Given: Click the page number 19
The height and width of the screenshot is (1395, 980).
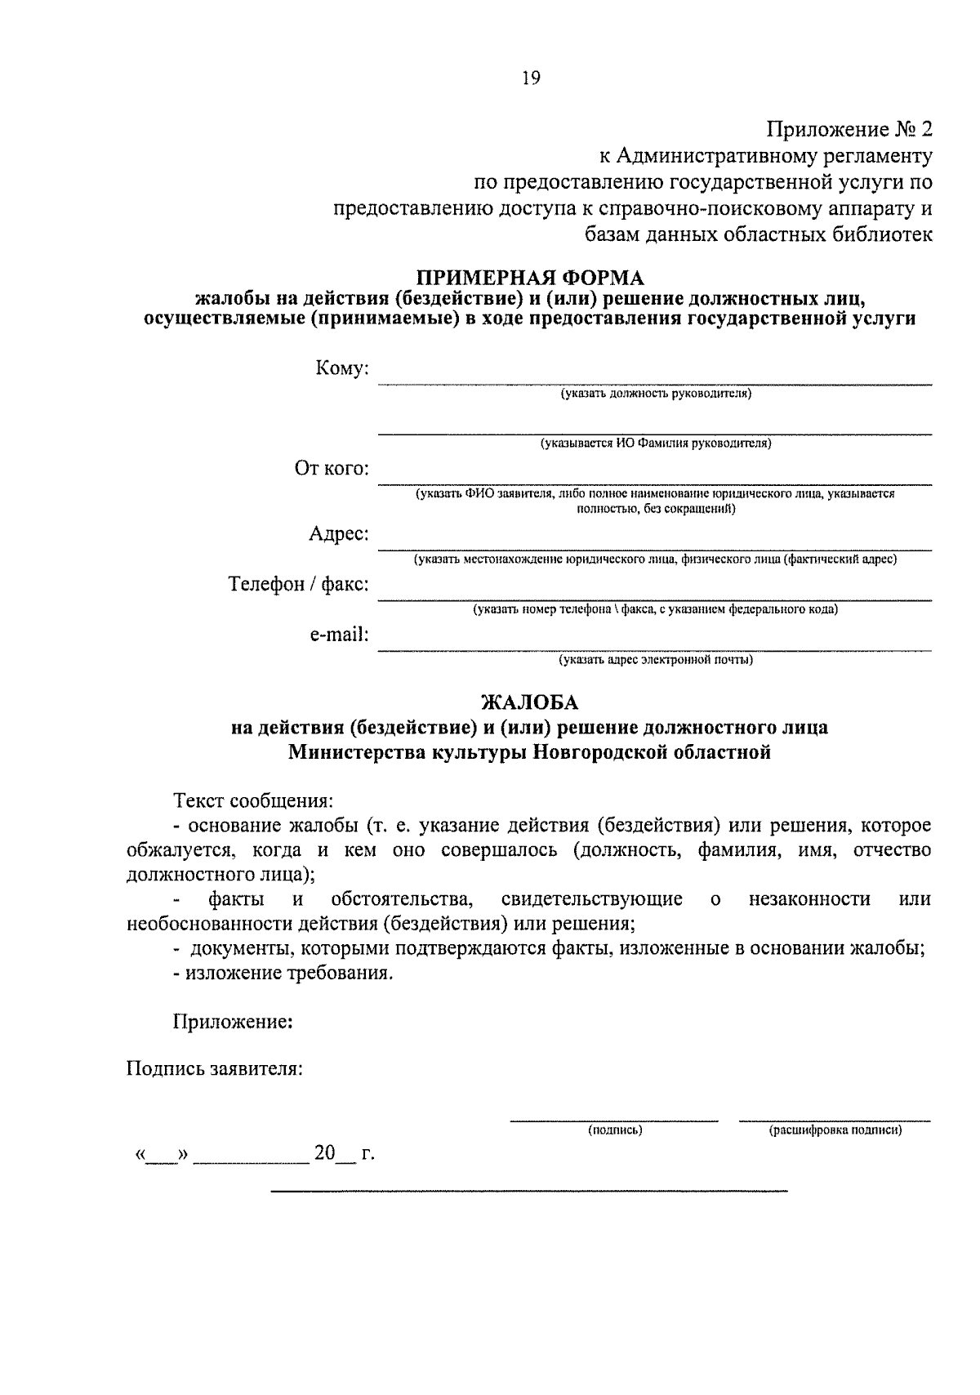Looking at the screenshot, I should tap(530, 78).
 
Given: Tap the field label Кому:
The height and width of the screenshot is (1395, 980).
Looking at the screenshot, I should tap(342, 369).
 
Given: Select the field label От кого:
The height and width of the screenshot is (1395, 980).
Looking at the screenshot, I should tap(332, 469).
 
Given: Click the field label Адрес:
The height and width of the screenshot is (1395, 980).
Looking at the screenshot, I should tap(338, 534).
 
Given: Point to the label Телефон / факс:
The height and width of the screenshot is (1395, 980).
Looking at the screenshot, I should tap(298, 585).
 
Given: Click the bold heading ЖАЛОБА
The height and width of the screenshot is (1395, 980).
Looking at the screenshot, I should tap(529, 702).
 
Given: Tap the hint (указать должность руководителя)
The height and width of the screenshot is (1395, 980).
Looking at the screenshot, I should tap(655, 394).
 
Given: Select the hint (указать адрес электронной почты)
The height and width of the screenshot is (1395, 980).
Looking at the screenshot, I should tap(655, 660).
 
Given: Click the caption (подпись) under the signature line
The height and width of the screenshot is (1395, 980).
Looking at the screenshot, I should tap(615, 1130).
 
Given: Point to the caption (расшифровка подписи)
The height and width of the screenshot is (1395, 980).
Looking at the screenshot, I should tap(835, 1130).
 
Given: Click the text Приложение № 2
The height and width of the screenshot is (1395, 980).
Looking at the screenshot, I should tap(849, 130).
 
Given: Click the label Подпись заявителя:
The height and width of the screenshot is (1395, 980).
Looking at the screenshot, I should tap(214, 1069).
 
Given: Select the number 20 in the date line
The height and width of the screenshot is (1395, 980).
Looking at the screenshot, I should tap(324, 1153).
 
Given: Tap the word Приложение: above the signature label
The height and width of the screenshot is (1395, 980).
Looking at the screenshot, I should tap(233, 1021).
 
